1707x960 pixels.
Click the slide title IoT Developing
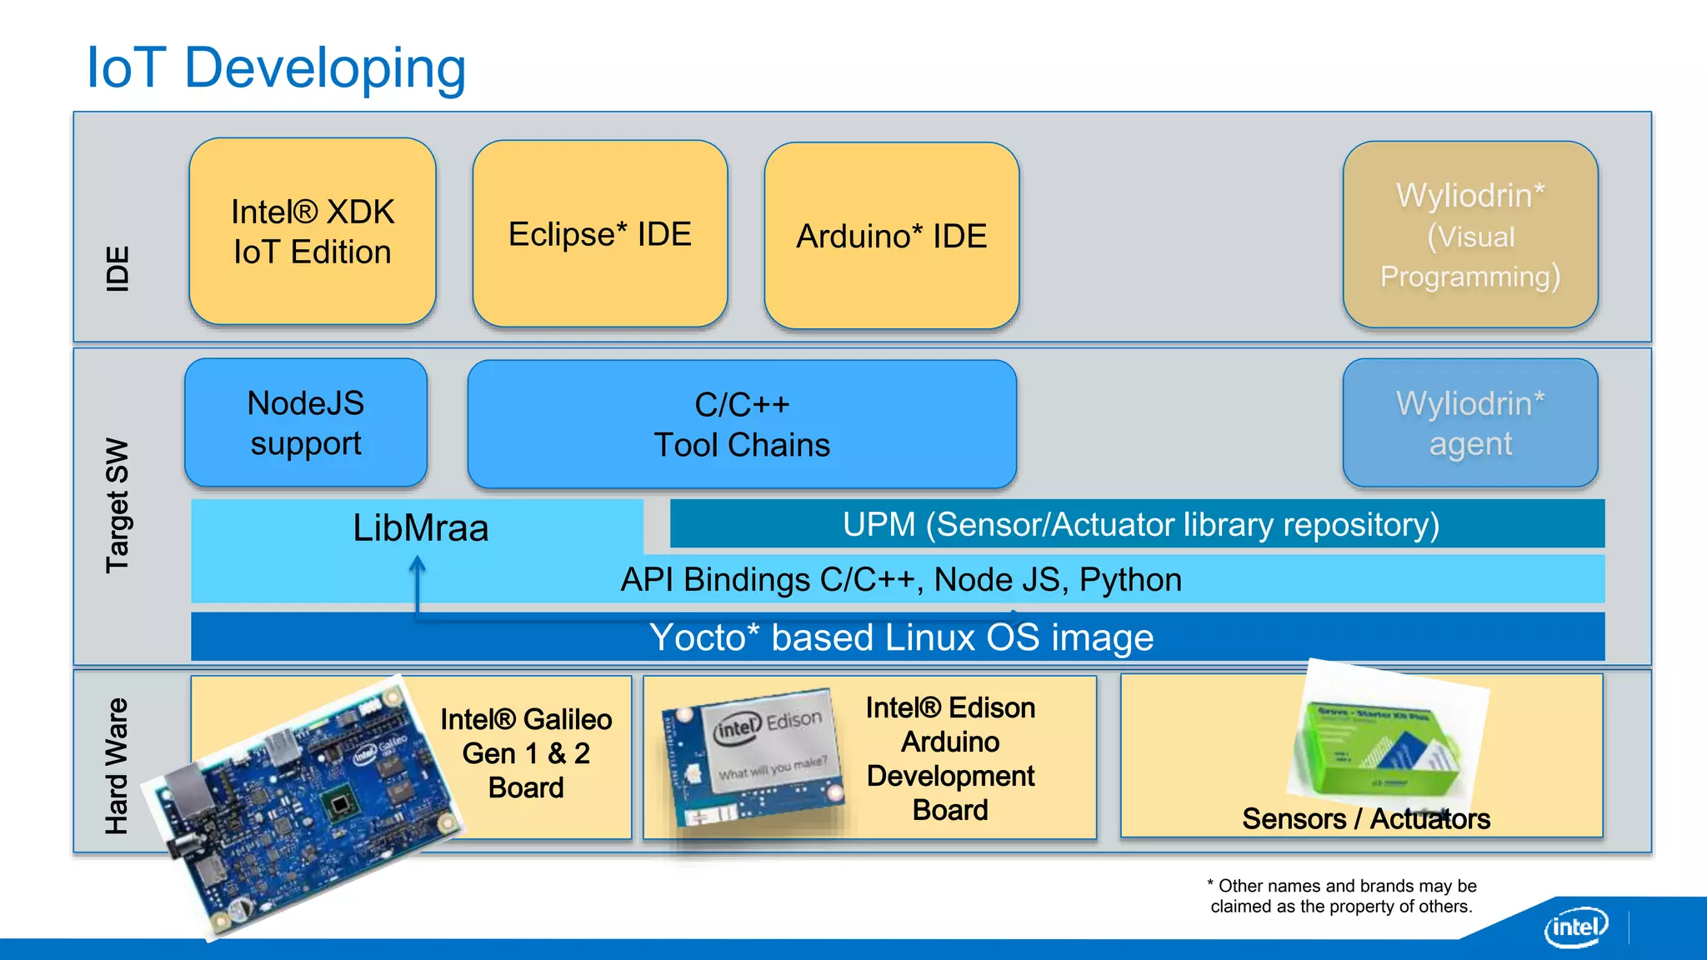tap(276, 67)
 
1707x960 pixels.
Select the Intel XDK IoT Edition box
tap(313, 232)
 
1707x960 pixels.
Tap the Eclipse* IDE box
tap(599, 234)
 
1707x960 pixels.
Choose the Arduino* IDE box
tap(891, 236)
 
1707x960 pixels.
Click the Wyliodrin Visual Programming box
tap(1469, 235)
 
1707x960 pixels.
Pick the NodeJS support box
tap(306, 423)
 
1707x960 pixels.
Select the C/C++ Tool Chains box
tap(742, 424)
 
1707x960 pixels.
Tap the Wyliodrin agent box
tap(1469, 423)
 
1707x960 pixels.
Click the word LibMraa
tap(420, 528)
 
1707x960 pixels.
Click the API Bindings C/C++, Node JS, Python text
tap(900, 579)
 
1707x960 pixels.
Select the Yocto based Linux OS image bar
tap(900, 637)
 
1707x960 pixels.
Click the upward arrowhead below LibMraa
tap(418, 565)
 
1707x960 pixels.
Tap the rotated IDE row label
tap(118, 268)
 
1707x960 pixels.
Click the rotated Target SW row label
tap(118, 505)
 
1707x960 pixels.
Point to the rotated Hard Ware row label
tap(118, 765)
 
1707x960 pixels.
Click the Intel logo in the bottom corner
tap(1575, 927)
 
